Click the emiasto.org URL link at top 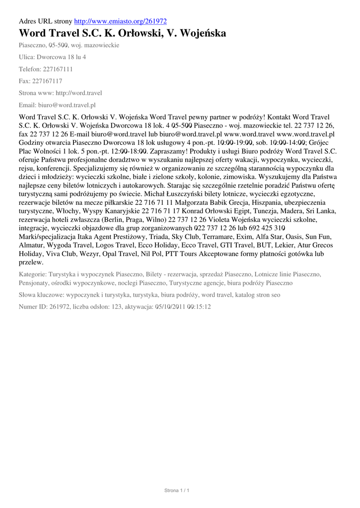120,21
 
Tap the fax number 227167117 47,81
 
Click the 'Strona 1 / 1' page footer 177,491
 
